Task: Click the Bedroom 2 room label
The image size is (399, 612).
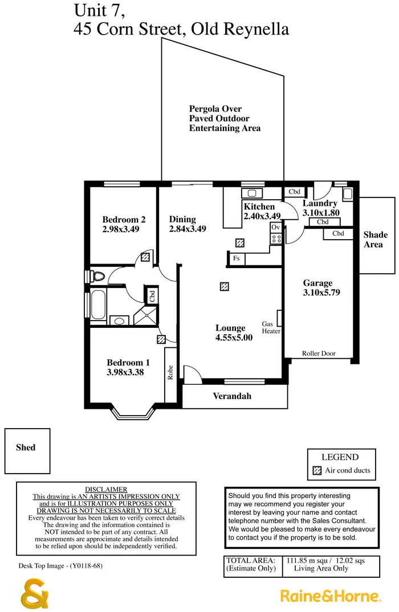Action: pyautogui.click(x=124, y=220)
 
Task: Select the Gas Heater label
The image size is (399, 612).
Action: pyautogui.click(x=271, y=327)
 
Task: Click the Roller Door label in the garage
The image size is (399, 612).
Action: pyautogui.click(x=319, y=354)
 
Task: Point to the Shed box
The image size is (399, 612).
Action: pyautogui.click(x=26, y=447)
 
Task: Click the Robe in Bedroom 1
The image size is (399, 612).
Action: pyautogui.click(x=170, y=373)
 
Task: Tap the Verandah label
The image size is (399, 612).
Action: pyautogui.click(x=232, y=396)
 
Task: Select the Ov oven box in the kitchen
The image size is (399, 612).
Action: pyautogui.click(x=276, y=227)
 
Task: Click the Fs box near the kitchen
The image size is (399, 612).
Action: pyautogui.click(x=236, y=258)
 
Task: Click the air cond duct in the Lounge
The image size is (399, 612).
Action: pyautogui.click(x=225, y=286)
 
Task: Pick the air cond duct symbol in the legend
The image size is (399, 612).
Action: pyautogui.click(x=317, y=471)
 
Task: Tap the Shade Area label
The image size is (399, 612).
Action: pyautogui.click(x=376, y=240)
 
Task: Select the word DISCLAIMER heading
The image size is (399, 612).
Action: pyautogui.click(x=106, y=490)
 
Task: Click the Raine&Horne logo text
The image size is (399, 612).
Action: pyautogui.click(x=330, y=596)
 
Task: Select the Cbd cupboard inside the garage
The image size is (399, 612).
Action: pyautogui.click(x=337, y=233)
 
